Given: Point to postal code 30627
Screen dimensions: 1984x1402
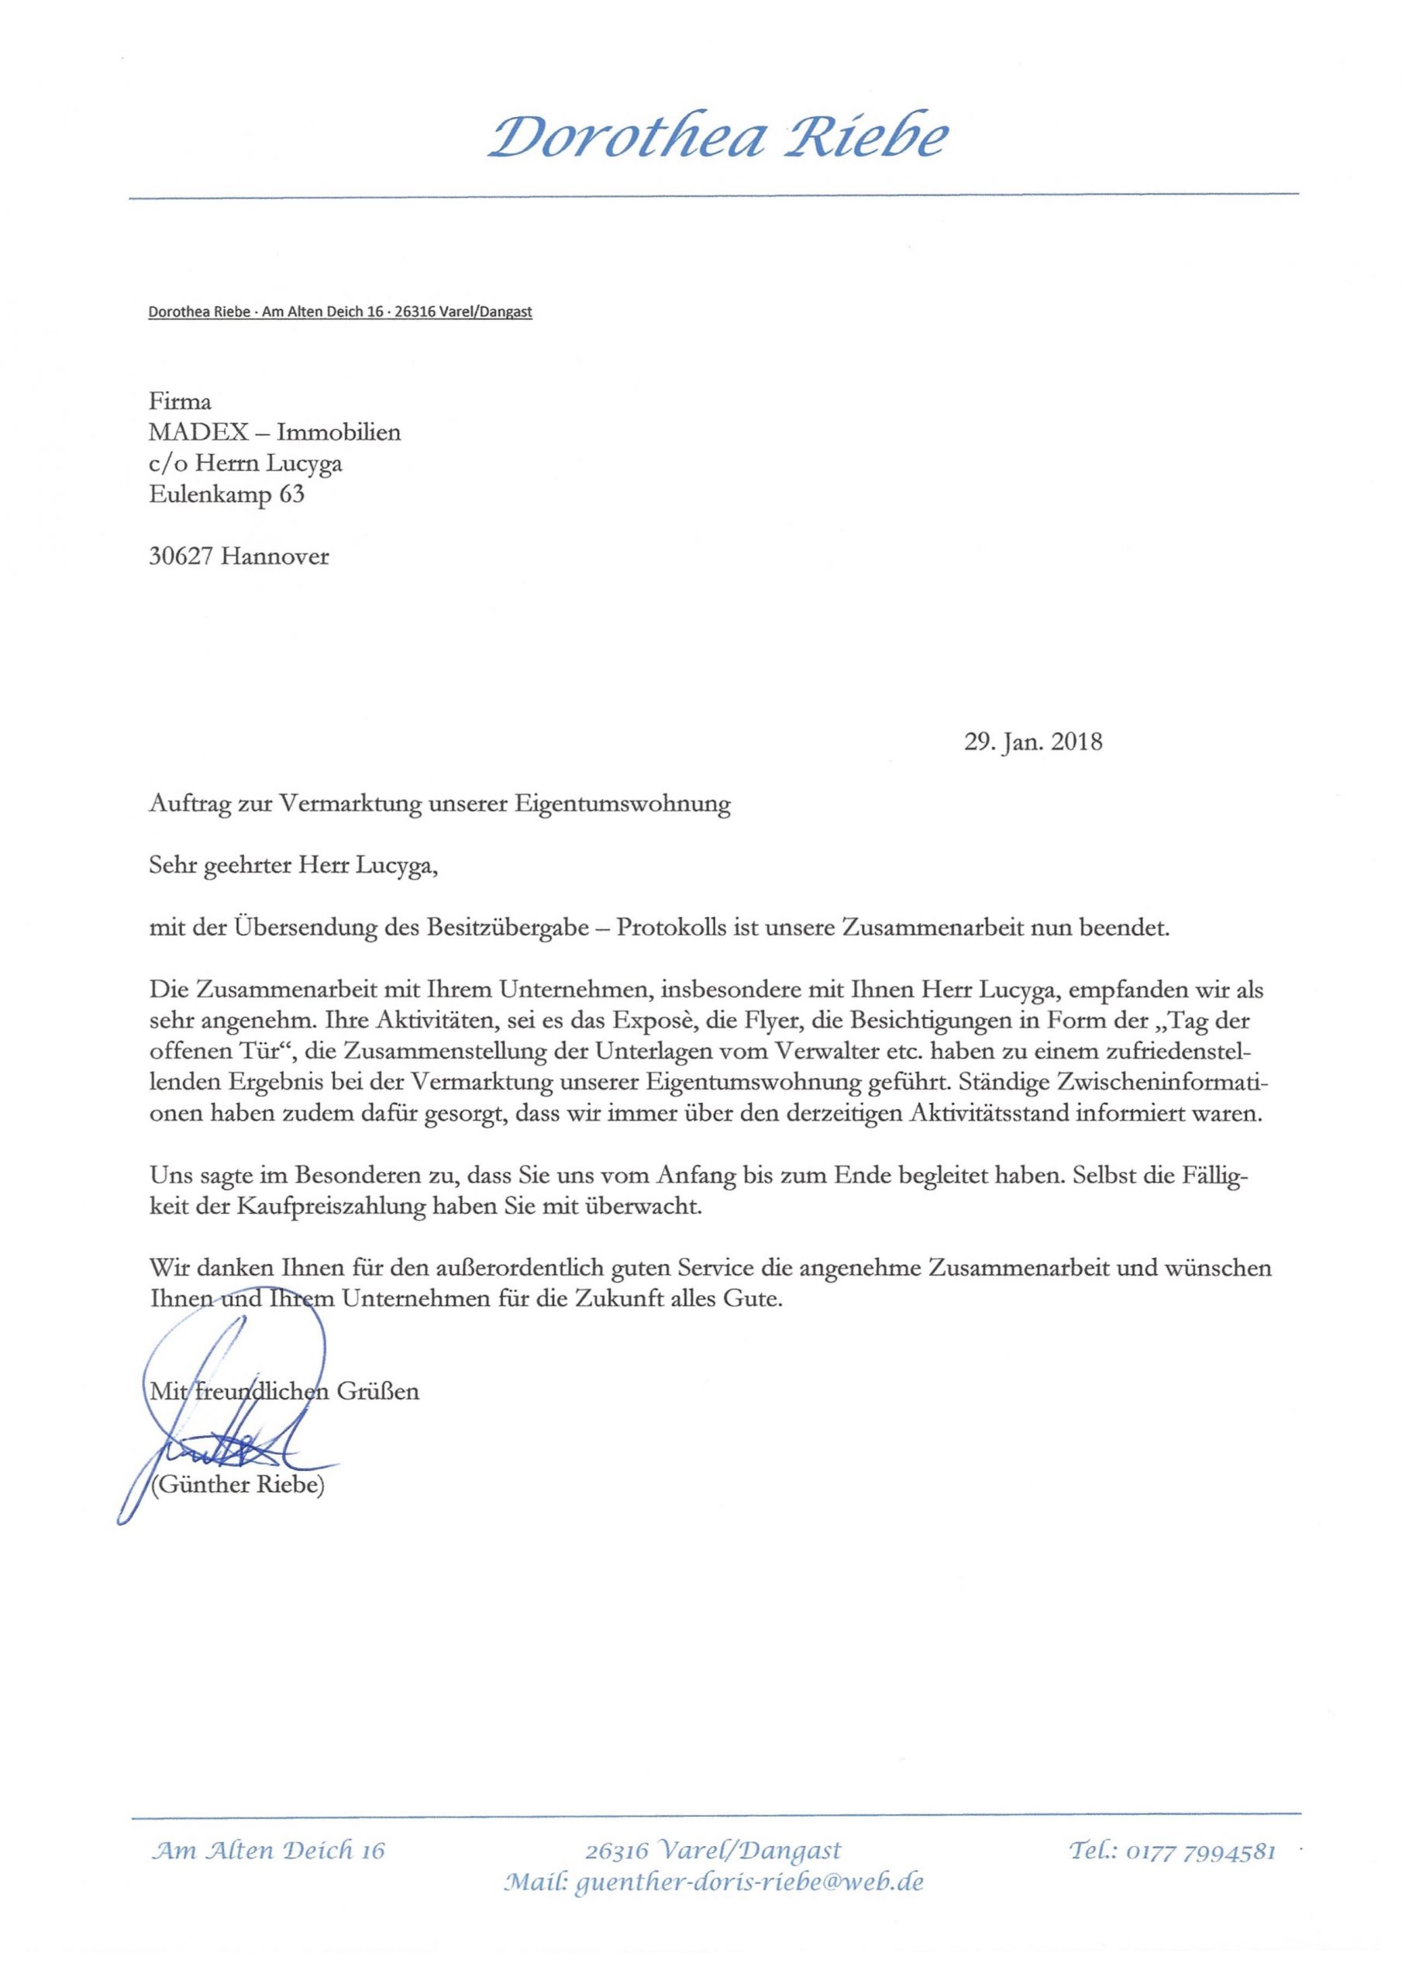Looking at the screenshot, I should tap(181, 556).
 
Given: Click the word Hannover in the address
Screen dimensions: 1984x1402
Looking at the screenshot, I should tap(275, 556).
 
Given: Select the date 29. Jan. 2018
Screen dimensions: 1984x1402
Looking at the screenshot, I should tap(1033, 742).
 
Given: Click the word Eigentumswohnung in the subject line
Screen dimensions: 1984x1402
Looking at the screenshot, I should tap(622, 804).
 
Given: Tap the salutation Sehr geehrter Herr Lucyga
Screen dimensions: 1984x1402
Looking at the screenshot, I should tap(293, 866).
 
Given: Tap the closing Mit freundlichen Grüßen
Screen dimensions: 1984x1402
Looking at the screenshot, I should tap(284, 1391).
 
